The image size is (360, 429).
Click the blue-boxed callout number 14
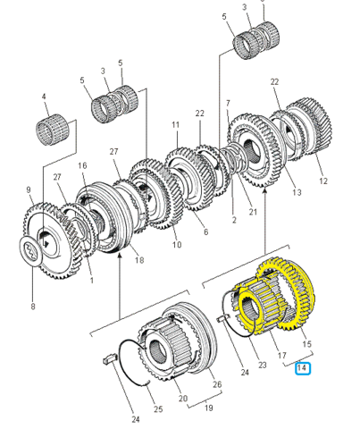[x=303, y=368]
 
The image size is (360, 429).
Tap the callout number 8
[x=33, y=307]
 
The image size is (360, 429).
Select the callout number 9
[x=29, y=189]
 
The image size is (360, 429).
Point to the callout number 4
[x=44, y=97]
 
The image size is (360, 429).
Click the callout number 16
[x=82, y=165]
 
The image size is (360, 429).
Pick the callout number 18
[x=139, y=260]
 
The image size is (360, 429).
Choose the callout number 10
[x=177, y=245]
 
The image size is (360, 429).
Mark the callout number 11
[x=176, y=124]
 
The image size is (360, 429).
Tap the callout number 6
[x=205, y=231]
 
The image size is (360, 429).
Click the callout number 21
[x=253, y=212]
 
